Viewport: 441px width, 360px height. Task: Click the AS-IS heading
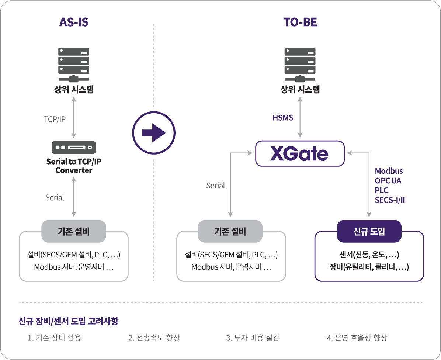pyautogui.click(x=74, y=22)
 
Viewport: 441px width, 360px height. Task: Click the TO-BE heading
pyautogui.click(x=300, y=22)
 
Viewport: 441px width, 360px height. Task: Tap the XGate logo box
pyautogui.click(x=300, y=153)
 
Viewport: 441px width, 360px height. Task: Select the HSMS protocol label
pyautogui.click(x=283, y=118)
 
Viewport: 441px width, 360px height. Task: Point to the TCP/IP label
pyautogui.click(x=55, y=119)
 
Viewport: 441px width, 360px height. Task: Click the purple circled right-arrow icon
pyautogui.click(x=153, y=133)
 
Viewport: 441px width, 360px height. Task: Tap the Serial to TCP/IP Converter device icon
pyautogui.click(x=74, y=148)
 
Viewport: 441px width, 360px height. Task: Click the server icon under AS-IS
pyautogui.click(x=74, y=65)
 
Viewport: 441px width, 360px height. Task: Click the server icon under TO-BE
pyautogui.click(x=300, y=65)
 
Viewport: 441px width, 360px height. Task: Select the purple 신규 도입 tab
pyautogui.click(x=369, y=231)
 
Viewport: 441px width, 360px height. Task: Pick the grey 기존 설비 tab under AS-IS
pyautogui.click(x=74, y=231)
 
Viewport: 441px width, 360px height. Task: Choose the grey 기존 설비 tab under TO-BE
pyautogui.click(x=230, y=231)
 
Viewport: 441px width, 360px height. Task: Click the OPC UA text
pyautogui.click(x=388, y=181)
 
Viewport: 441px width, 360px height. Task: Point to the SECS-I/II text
pyautogui.click(x=390, y=200)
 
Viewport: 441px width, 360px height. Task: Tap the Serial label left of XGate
pyautogui.click(x=215, y=186)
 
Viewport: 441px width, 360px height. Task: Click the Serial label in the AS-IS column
pyautogui.click(x=55, y=198)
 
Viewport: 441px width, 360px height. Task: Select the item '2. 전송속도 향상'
pyautogui.click(x=154, y=337)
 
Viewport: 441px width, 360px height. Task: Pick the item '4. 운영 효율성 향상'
pyautogui.click(x=357, y=337)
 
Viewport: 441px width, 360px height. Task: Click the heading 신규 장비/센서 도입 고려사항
pyautogui.click(x=68, y=321)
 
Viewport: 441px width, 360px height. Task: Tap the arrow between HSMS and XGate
pyautogui.click(x=300, y=117)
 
